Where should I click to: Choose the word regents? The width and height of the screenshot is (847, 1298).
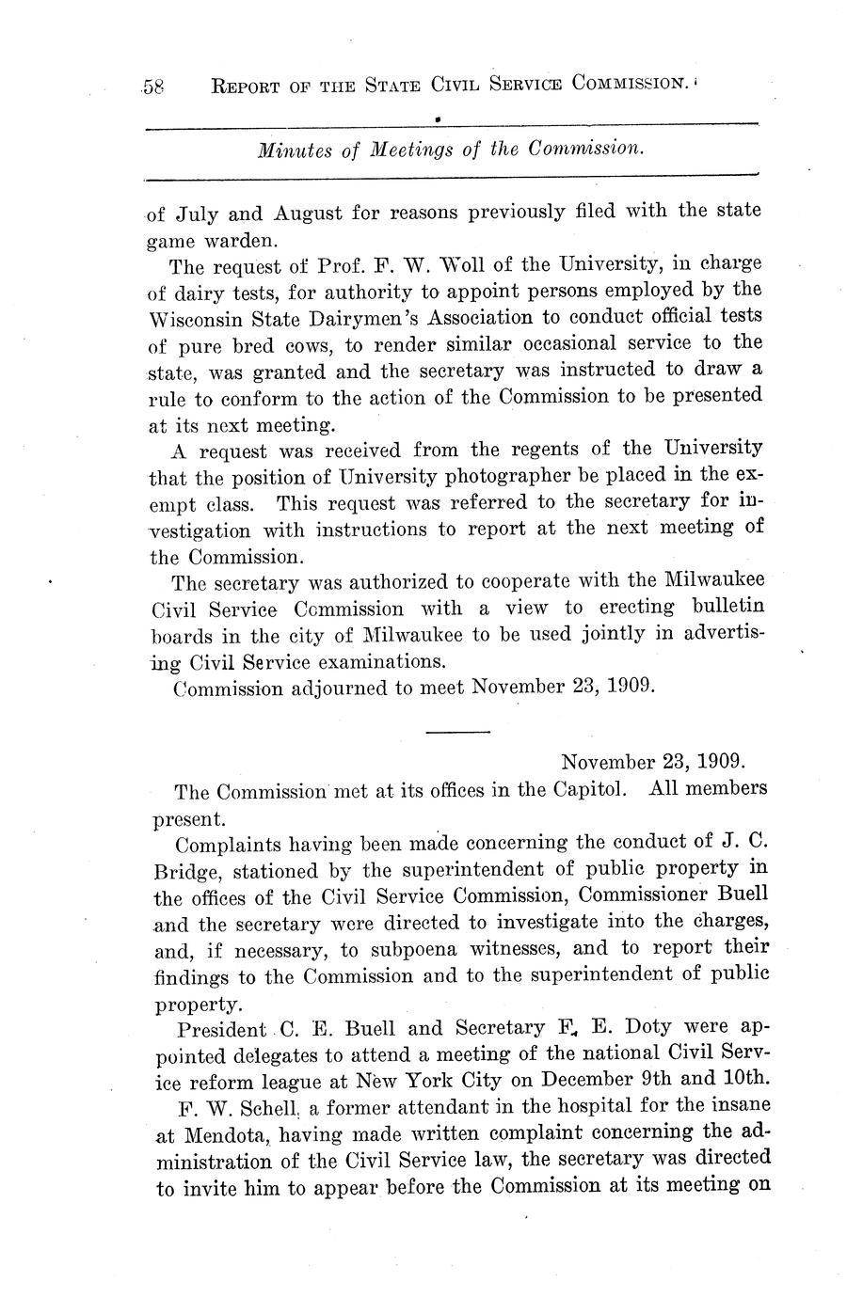click(x=538, y=449)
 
